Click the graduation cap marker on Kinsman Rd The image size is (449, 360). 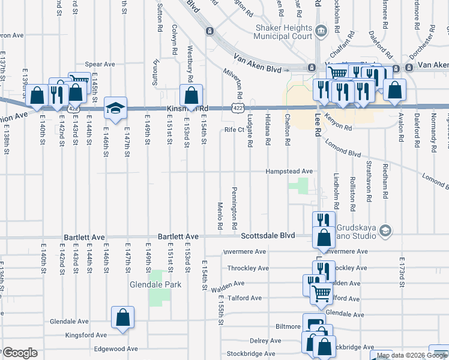point(115,108)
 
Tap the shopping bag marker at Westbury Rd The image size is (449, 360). point(191,95)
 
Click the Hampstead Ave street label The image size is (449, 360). point(291,171)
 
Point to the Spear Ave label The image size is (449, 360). point(100,64)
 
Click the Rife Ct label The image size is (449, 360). point(234,129)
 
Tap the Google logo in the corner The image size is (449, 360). point(20,353)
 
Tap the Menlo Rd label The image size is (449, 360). point(220,216)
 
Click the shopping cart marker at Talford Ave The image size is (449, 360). point(322,293)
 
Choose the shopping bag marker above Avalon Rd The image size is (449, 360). point(396,91)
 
